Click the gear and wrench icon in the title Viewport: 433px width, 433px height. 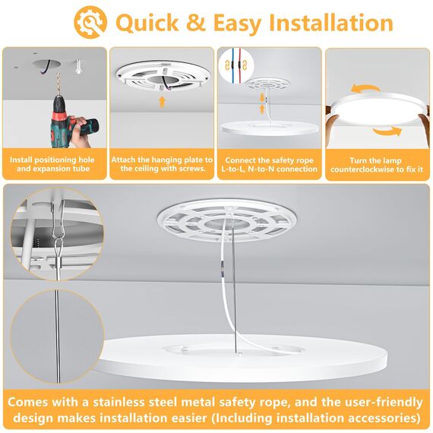click(x=92, y=22)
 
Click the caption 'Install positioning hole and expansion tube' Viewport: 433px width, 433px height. click(x=54, y=164)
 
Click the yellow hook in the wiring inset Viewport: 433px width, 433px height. click(x=227, y=70)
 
